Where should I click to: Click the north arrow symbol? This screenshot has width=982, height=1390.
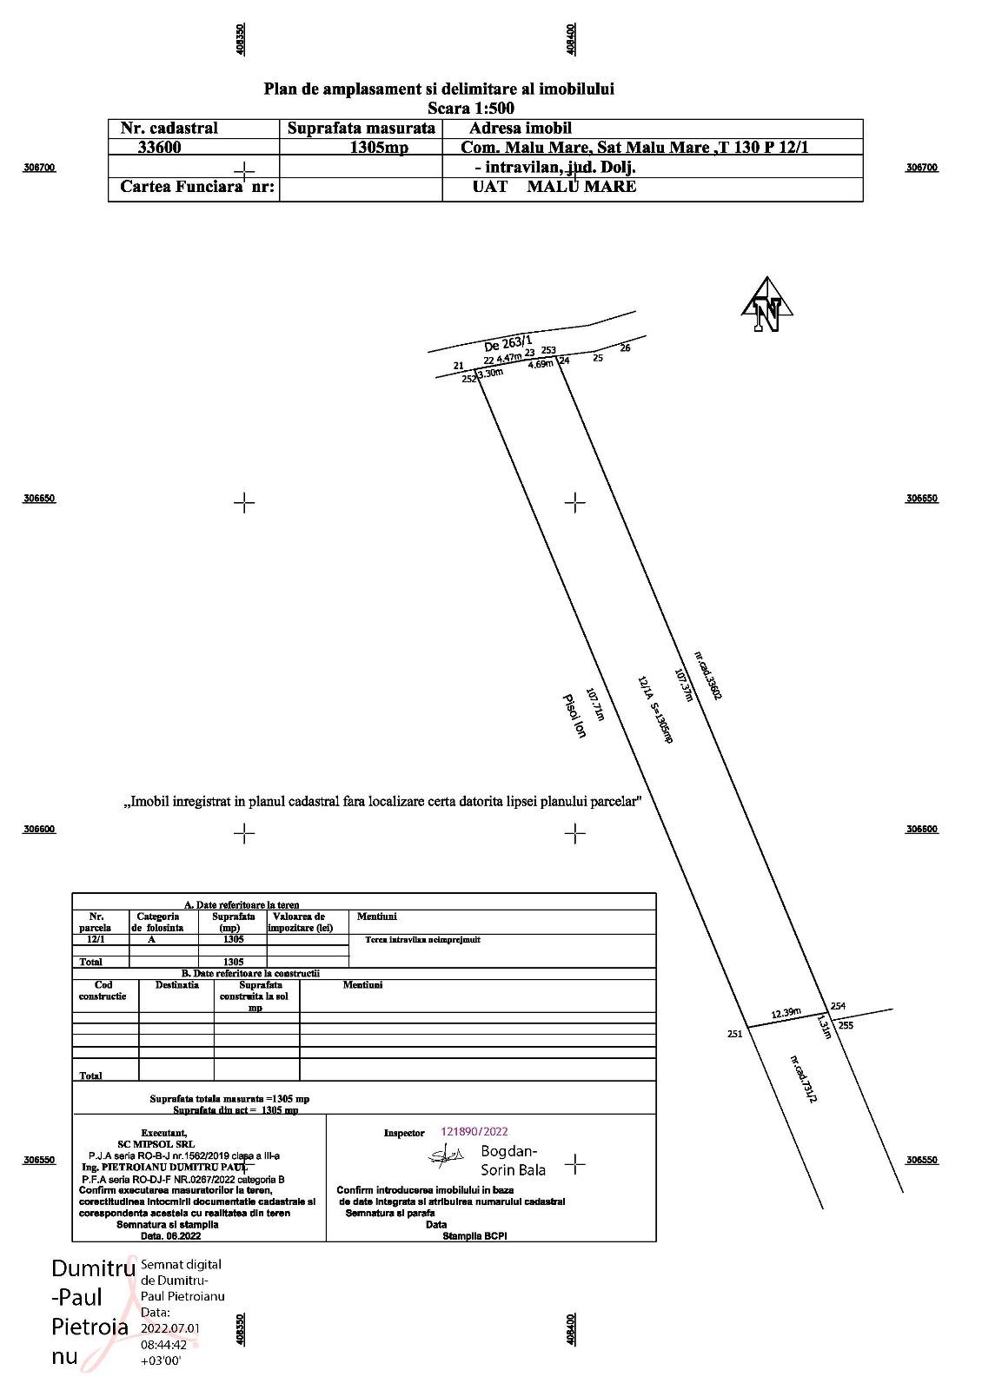766,306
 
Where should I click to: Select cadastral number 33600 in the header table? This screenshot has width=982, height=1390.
159,147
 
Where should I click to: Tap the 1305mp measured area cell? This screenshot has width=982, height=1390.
378,147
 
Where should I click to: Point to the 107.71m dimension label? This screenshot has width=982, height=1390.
595,705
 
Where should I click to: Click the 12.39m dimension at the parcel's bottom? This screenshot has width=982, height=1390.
786,1013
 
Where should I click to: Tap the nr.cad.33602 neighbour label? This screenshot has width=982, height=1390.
708,675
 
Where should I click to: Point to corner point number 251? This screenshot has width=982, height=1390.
734,1034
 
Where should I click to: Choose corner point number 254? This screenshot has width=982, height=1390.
838,1006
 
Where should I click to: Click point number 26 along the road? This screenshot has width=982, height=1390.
625,348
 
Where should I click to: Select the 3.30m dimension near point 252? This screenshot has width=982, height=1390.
491,373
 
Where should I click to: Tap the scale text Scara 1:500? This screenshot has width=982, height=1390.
471,109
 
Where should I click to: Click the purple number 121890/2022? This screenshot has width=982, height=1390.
474,1132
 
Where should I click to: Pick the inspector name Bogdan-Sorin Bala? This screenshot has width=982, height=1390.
513,1161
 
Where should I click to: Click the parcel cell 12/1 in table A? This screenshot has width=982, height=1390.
96,939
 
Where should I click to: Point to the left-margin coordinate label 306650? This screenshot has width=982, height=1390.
39,499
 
